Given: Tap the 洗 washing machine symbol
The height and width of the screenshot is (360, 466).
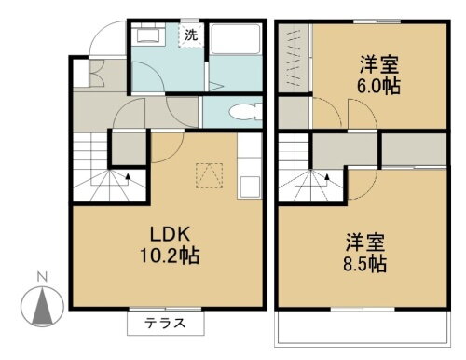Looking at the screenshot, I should tap(190, 36).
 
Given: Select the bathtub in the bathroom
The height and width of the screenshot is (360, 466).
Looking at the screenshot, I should tap(237, 43).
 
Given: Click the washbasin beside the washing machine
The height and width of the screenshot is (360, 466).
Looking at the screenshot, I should tap(147, 37).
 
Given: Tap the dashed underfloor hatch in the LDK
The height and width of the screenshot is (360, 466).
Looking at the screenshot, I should tap(207, 173).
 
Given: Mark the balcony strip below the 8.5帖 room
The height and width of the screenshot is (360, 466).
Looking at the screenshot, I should tap(367, 327).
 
